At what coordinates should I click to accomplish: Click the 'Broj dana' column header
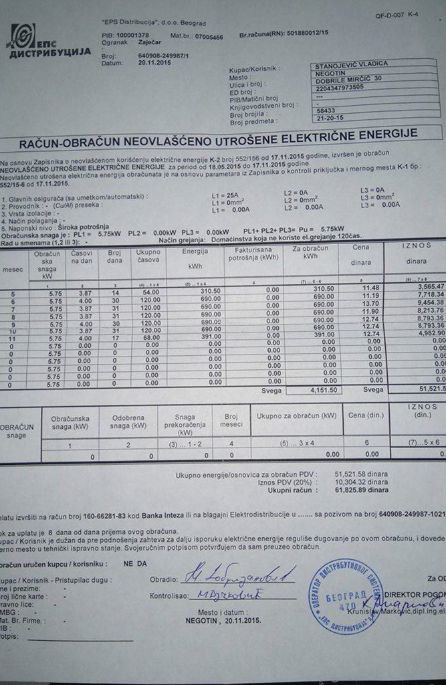tap(113, 257)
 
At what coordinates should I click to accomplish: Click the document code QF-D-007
tap(400, 14)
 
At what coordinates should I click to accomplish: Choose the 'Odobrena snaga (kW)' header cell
tap(128, 421)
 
